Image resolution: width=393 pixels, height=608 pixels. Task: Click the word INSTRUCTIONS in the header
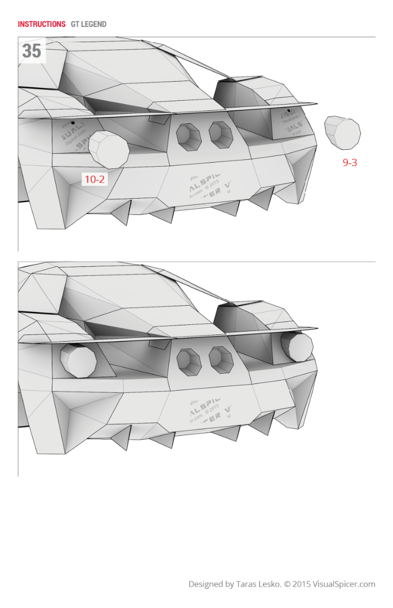(42, 24)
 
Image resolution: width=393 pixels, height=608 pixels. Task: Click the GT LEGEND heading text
(88, 24)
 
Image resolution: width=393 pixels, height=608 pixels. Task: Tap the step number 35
(32, 51)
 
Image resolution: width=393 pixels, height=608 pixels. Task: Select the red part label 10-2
(95, 180)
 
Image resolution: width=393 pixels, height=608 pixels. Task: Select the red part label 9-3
(350, 163)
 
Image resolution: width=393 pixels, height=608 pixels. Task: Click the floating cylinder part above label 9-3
(343, 132)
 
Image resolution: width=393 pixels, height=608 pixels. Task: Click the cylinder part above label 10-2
(109, 149)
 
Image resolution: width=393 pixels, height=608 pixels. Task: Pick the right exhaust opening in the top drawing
(220, 134)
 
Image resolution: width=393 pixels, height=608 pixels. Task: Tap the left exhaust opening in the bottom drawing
(189, 360)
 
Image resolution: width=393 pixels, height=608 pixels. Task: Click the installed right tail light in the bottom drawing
(297, 346)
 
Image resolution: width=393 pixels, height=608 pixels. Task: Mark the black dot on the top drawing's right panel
(289, 111)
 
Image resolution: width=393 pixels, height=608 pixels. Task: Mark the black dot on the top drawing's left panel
(73, 122)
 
